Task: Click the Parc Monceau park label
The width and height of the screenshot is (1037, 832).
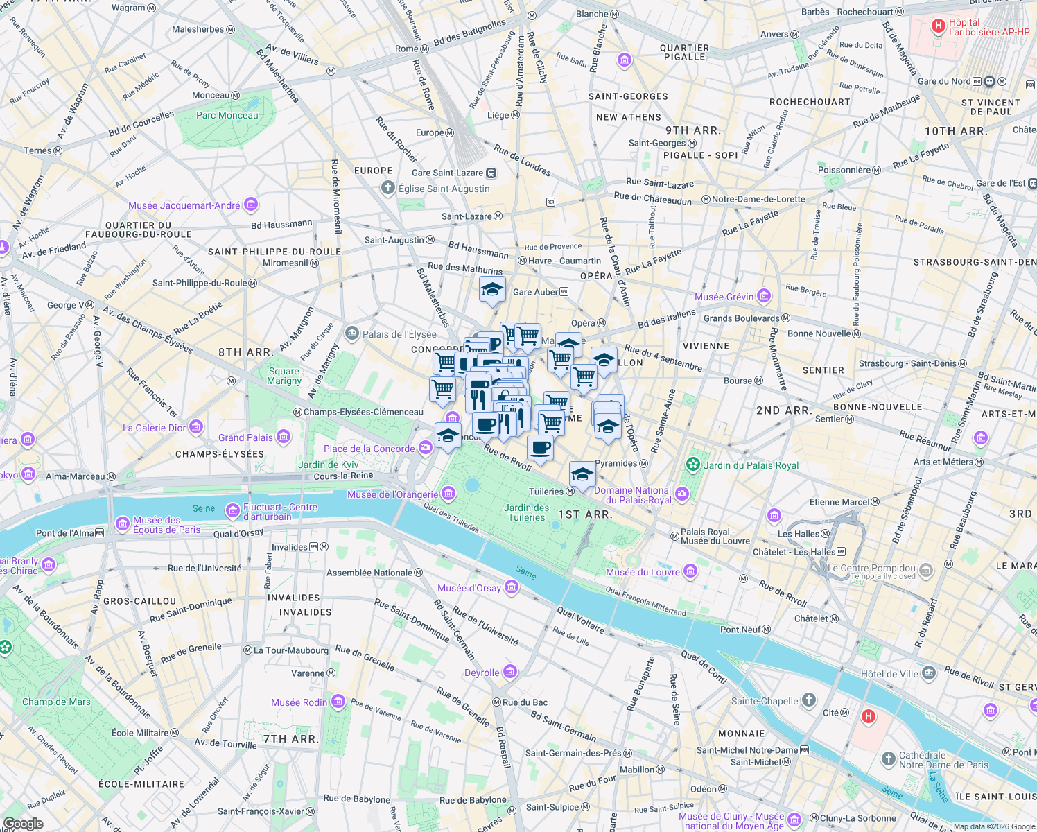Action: [227, 116]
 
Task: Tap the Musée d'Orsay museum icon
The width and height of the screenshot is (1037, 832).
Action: [511, 588]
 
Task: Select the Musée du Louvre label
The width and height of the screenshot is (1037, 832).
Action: [643, 572]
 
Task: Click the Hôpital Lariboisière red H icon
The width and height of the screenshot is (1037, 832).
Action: [939, 26]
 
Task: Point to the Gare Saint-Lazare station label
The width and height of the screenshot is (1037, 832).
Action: [447, 173]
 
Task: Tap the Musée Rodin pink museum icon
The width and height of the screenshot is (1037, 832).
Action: [338, 702]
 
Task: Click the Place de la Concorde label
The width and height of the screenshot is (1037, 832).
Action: [369, 449]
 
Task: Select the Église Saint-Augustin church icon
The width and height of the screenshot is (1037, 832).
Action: [388, 188]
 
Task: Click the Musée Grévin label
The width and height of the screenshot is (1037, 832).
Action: [724, 297]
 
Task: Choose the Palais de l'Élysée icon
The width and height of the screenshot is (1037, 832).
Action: [352, 334]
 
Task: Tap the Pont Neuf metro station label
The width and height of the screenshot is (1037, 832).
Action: [740, 630]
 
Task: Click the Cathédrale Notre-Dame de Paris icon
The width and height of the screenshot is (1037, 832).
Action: [888, 759]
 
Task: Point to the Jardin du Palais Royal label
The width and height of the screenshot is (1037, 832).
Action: [751, 465]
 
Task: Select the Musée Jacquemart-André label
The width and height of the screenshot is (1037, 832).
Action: [184, 205]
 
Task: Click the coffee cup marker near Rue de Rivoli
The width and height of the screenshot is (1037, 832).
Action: [540, 447]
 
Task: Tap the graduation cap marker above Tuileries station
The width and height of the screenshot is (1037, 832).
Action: [582, 474]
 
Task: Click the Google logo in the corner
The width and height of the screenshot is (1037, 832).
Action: [23, 824]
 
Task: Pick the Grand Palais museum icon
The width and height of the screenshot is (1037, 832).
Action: [284, 437]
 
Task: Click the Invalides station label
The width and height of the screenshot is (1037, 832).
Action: [290, 547]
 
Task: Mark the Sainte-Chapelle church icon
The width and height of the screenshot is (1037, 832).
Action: [809, 700]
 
